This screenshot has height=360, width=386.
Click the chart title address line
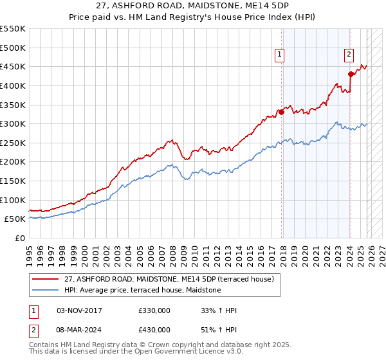point(193,6)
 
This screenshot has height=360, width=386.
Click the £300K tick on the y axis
point(13,123)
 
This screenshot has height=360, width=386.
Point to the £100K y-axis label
point(13,200)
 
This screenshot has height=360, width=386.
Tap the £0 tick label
point(19,238)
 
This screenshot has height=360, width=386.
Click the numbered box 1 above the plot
point(280,56)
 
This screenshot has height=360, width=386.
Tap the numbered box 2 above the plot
point(349,55)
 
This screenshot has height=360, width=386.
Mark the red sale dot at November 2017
point(282,112)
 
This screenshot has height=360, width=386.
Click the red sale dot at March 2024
point(351,74)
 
